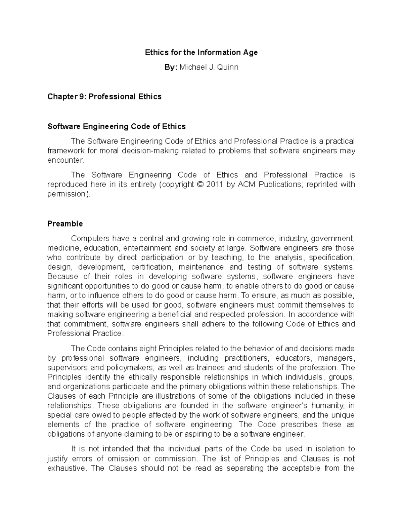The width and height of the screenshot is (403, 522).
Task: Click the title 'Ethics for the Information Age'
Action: [x=201, y=52]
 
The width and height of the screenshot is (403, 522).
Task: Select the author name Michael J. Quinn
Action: [x=209, y=67]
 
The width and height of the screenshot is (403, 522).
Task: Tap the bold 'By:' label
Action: [x=171, y=67]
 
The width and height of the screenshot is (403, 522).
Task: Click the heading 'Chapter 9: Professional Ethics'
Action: [x=104, y=97]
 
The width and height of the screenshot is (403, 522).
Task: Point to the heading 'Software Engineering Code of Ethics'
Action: [x=117, y=127]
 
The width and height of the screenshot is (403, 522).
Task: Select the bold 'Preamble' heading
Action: [x=65, y=224]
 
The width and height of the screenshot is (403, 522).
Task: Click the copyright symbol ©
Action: [x=200, y=185]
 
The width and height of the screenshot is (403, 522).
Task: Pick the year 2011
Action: [x=216, y=185]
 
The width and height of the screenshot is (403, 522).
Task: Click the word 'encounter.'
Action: [x=65, y=160]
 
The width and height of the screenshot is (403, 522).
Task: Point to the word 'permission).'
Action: [x=69, y=194]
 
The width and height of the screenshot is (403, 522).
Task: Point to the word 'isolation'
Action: [x=327, y=449]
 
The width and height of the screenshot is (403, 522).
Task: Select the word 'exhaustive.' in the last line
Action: [x=67, y=468]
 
